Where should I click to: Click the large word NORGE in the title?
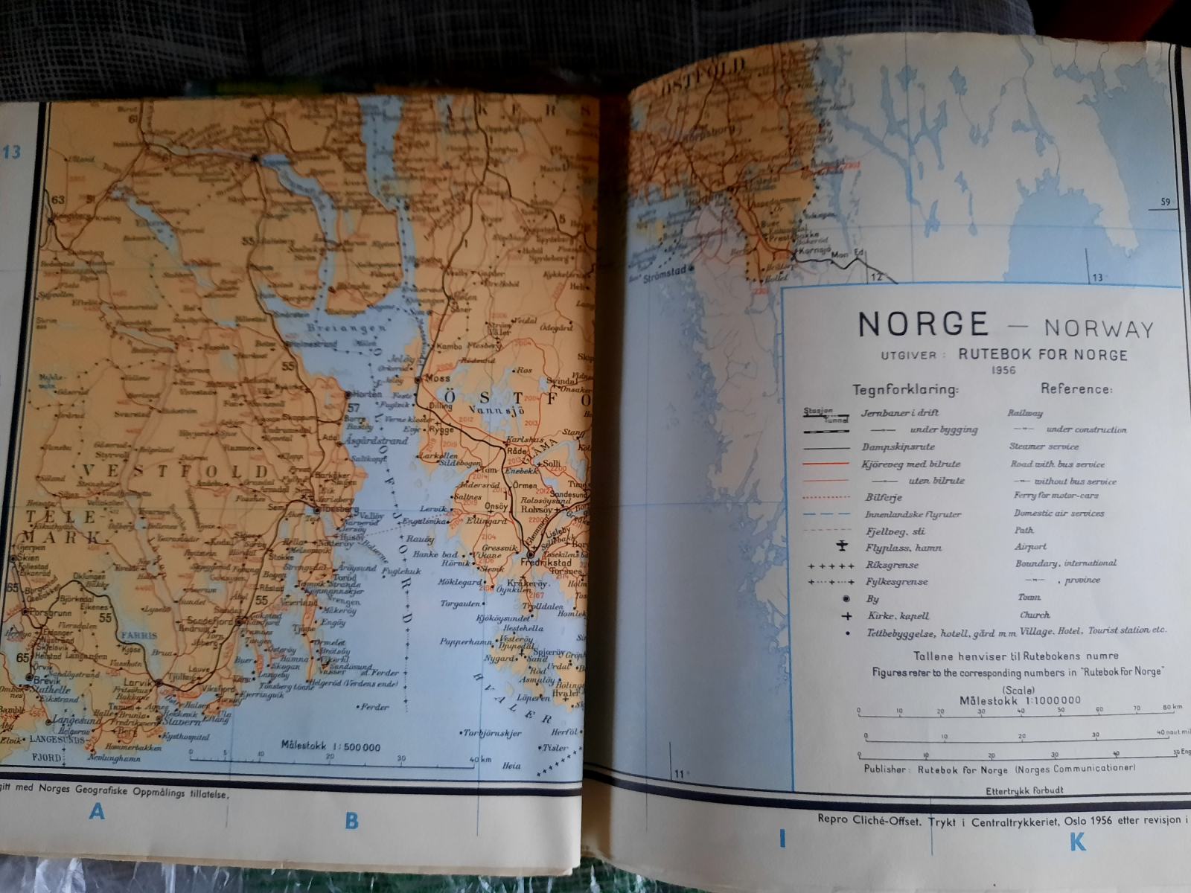point(923,324)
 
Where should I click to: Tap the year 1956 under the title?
point(1003,370)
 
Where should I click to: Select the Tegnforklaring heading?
point(905,389)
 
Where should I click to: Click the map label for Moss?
point(438,378)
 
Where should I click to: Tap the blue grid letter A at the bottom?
point(97,811)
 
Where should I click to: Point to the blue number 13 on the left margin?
point(12,153)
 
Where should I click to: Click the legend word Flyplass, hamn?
point(904,548)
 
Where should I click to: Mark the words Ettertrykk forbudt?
point(1024,791)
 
